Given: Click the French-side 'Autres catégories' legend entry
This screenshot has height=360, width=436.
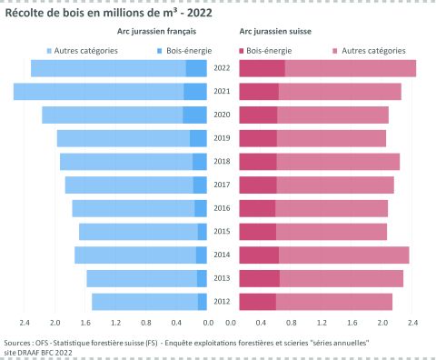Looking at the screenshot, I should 85,51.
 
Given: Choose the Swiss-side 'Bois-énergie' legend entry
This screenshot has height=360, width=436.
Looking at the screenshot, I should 269,51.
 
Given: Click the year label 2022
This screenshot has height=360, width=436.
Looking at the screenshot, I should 223,68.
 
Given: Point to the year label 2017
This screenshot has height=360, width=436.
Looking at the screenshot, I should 223,185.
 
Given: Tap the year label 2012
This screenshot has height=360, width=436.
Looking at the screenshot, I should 223,301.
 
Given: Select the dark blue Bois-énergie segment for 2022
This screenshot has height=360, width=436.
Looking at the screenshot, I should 197,68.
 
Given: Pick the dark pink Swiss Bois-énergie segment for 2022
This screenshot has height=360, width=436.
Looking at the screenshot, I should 262,68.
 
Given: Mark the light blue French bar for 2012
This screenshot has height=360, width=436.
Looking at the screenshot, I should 144,301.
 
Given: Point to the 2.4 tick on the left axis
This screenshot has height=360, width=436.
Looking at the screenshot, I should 25,323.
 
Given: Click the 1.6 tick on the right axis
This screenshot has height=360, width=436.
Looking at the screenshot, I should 354,323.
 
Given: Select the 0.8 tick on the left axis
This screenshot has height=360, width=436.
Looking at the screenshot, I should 147,323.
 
